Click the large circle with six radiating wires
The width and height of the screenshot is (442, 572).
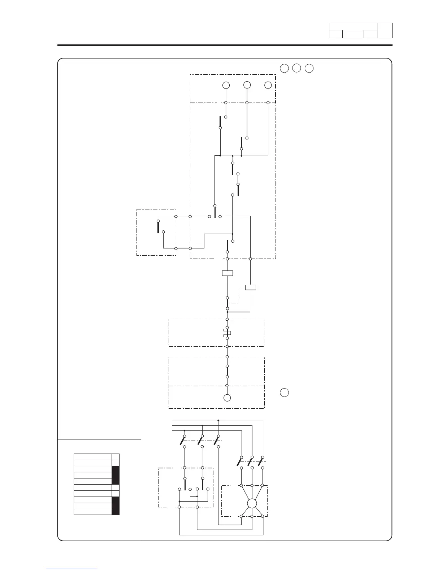pyautogui.click(x=252, y=503)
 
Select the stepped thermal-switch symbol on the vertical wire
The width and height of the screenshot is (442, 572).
pyautogui.click(x=227, y=333)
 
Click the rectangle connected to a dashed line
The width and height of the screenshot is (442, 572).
pyautogui.click(x=250, y=287)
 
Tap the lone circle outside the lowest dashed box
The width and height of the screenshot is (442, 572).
pyautogui.click(x=284, y=393)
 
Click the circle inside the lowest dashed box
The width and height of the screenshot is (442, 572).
pyautogui.click(x=227, y=398)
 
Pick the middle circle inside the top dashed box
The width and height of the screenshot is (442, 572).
pyautogui.click(x=247, y=85)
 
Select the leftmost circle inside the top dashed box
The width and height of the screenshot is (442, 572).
pyautogui.click(x=226, y=85)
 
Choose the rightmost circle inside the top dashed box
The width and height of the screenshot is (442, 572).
pyautogui.click(x=268, y=85)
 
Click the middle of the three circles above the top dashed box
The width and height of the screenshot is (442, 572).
pyautogui.click(x=296, y=68)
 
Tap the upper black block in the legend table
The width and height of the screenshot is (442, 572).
pyautogui.click(x=116, y=475)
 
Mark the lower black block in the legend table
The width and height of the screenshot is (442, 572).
pyautogui.click(x=116, y=506)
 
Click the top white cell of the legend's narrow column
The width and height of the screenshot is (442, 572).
pyautogui.click(x=116, y=457)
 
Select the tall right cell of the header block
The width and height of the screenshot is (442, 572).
pyautogui.click(x=385, y=31)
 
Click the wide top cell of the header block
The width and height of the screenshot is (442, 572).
pyautogui.click(x=353, y=27)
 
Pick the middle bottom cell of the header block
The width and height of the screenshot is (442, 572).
pyautogui.click(x=353, y=35)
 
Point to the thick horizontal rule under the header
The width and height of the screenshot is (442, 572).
pyautogui.click(x=225, y=45)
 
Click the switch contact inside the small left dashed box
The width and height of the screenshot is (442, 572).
pyautogui.click(x=158, y=226)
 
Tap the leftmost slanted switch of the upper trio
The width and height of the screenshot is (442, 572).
pyautogui.click(x=182, y=441)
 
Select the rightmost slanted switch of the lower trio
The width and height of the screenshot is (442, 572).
pyautogui.click(x=260, y=462)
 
